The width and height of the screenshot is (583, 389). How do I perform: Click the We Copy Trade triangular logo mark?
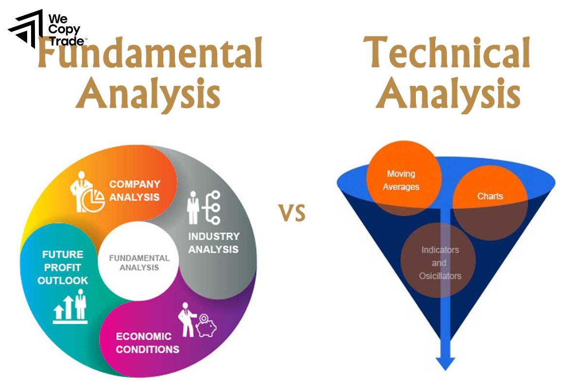[25, 29]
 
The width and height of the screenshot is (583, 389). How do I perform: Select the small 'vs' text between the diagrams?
[291, 213]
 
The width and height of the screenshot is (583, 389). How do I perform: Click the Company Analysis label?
[135, 191]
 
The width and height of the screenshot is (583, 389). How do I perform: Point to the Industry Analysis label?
[214, 243]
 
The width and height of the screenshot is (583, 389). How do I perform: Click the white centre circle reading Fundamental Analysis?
[139, 263]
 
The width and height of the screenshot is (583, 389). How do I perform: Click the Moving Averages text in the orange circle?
[401, 180]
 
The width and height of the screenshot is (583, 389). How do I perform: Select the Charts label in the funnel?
[490, 196]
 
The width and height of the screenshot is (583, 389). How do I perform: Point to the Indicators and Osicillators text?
[440, 263]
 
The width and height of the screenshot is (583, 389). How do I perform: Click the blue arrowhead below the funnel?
[445, 362]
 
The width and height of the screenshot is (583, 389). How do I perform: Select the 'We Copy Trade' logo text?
[65, 29]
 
